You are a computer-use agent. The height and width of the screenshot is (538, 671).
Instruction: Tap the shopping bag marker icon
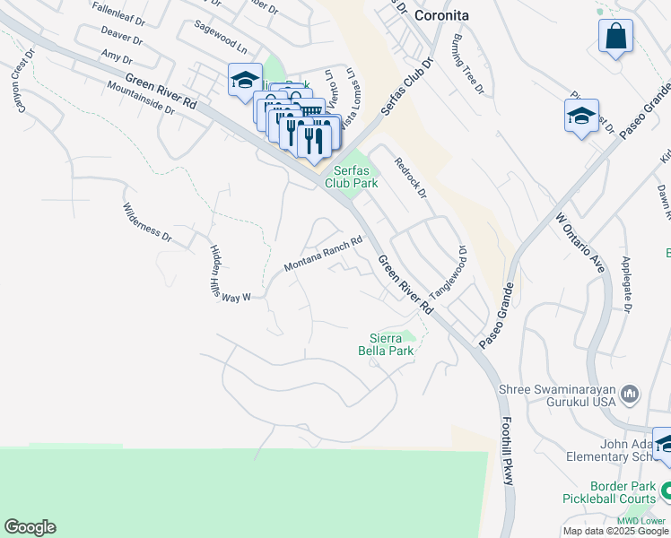point(616,38)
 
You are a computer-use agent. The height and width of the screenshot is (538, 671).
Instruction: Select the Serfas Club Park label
point(355,177)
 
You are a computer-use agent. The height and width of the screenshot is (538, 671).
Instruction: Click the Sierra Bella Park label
point(392,344)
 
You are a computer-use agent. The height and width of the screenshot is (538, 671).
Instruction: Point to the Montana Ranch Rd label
point(323,255)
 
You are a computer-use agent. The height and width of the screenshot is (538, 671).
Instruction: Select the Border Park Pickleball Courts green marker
point(665,490)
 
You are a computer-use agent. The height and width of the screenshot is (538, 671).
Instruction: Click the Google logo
point(30,527)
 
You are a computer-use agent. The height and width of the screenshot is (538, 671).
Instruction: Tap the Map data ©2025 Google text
point(615,531)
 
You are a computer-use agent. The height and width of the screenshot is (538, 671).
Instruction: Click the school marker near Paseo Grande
point(581,116)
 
